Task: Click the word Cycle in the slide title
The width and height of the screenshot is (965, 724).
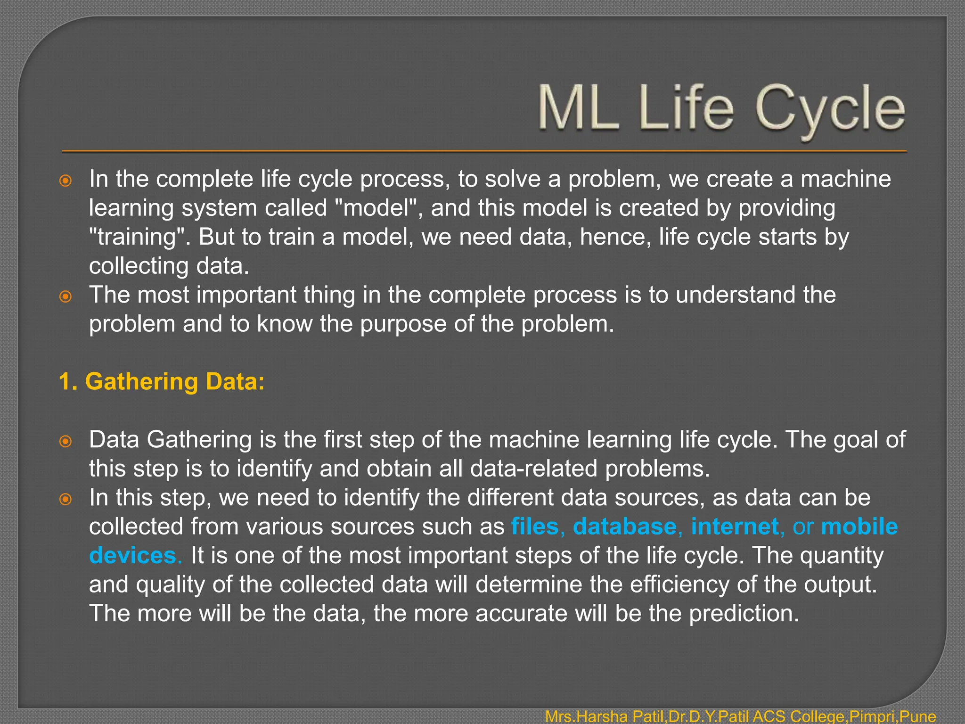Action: tap(830, 109)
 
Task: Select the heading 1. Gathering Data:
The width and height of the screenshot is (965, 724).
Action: tap(162, 381)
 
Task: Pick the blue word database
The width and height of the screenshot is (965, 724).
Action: tap(625, 527)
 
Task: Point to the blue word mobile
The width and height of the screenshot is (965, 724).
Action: tap(859, 527)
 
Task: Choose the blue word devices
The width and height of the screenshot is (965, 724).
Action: tap(133, 556)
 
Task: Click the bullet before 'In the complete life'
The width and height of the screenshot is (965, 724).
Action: tap(66, 181)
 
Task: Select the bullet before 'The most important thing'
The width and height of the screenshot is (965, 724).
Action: tap(66, 296)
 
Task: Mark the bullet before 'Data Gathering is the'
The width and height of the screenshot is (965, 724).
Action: tap(66, 441)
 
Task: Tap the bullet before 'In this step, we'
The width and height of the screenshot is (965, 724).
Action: tap(66, 499)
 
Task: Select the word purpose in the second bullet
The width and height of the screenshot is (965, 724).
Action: tap(403, 324)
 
